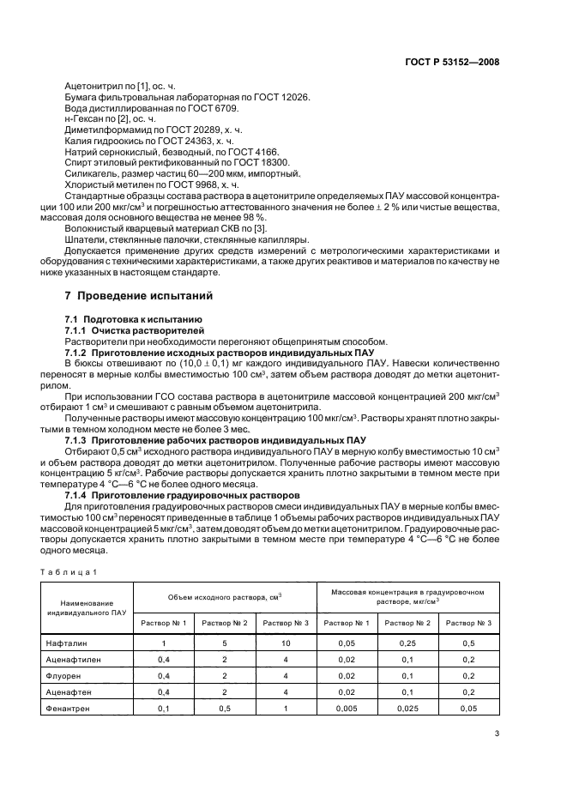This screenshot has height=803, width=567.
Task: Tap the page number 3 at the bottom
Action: point(498,733)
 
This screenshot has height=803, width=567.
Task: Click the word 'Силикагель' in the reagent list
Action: point(90,172)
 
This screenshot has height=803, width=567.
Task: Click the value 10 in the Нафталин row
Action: point(286,643)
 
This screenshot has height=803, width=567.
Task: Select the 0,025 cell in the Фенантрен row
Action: point(407,709)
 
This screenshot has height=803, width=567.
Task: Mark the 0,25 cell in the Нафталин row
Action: point(407,643)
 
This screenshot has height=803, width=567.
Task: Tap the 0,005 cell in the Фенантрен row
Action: point(347,709)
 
